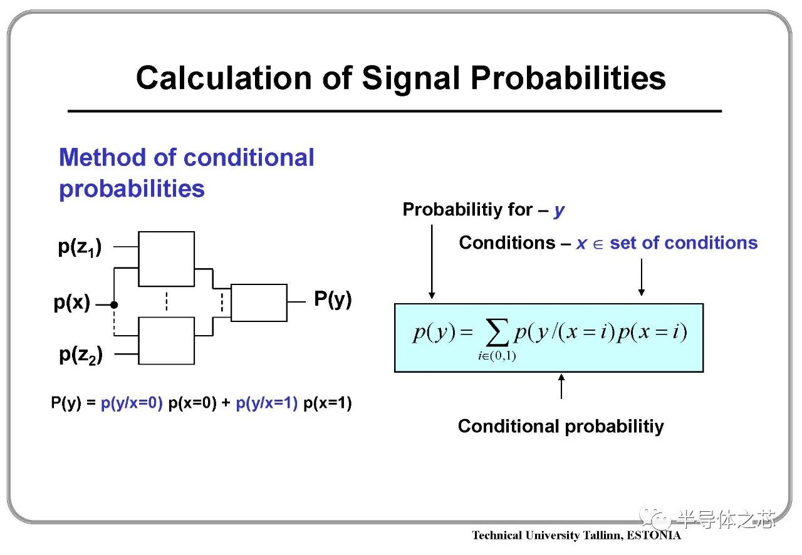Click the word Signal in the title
click(411, 80)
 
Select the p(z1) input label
click(80, 247)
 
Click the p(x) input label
click(72, 303)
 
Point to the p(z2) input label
click(81, 356)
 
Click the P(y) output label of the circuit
click(333, 299)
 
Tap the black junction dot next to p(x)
click(114, 305)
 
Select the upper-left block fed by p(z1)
click(167, 259)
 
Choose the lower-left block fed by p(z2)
click(167, 341)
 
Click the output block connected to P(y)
click(259, 303)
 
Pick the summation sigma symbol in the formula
click(497, 333)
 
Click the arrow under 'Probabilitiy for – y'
click(432, 262)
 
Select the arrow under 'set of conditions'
click(642, 277)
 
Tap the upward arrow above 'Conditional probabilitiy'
click(561, 386)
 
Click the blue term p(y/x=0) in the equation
click(132, 403)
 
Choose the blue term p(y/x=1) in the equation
click(267, 403)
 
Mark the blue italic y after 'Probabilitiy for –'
click(560, 211)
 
